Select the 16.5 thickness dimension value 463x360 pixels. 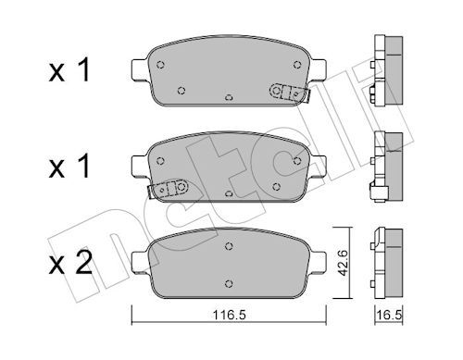point(388,317)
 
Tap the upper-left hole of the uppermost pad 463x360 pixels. point(161,65)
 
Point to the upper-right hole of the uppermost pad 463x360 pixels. point(295,64)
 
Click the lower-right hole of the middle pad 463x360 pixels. point(279,183)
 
